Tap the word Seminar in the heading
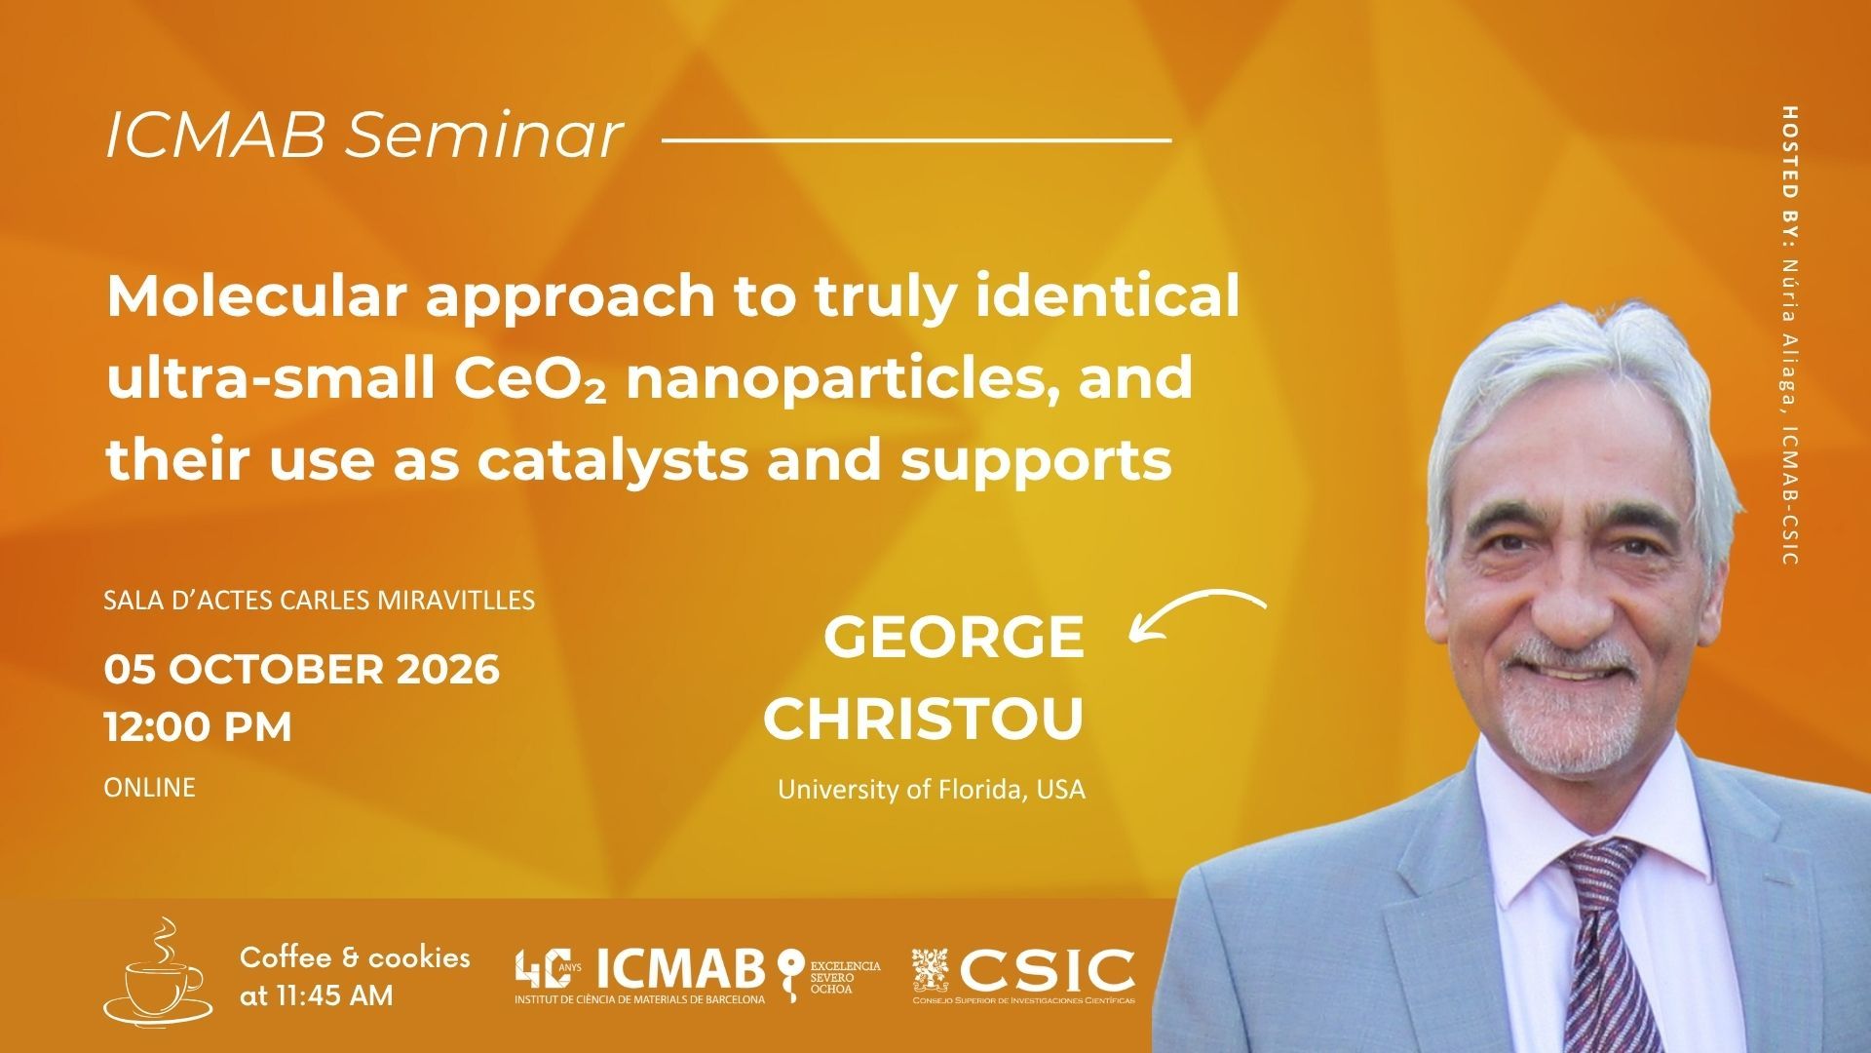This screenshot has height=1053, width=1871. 483,136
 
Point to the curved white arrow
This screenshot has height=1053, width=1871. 1197,612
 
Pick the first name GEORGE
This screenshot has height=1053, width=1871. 954,637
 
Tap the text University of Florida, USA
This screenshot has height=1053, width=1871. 931,789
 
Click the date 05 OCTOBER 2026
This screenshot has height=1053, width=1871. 302,670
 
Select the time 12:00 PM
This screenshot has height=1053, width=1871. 198,727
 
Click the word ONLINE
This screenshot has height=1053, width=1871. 149,787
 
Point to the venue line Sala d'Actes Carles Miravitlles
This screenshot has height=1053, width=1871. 319,599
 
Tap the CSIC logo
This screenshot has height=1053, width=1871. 1023,975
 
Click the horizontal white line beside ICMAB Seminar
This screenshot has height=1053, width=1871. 916,140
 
